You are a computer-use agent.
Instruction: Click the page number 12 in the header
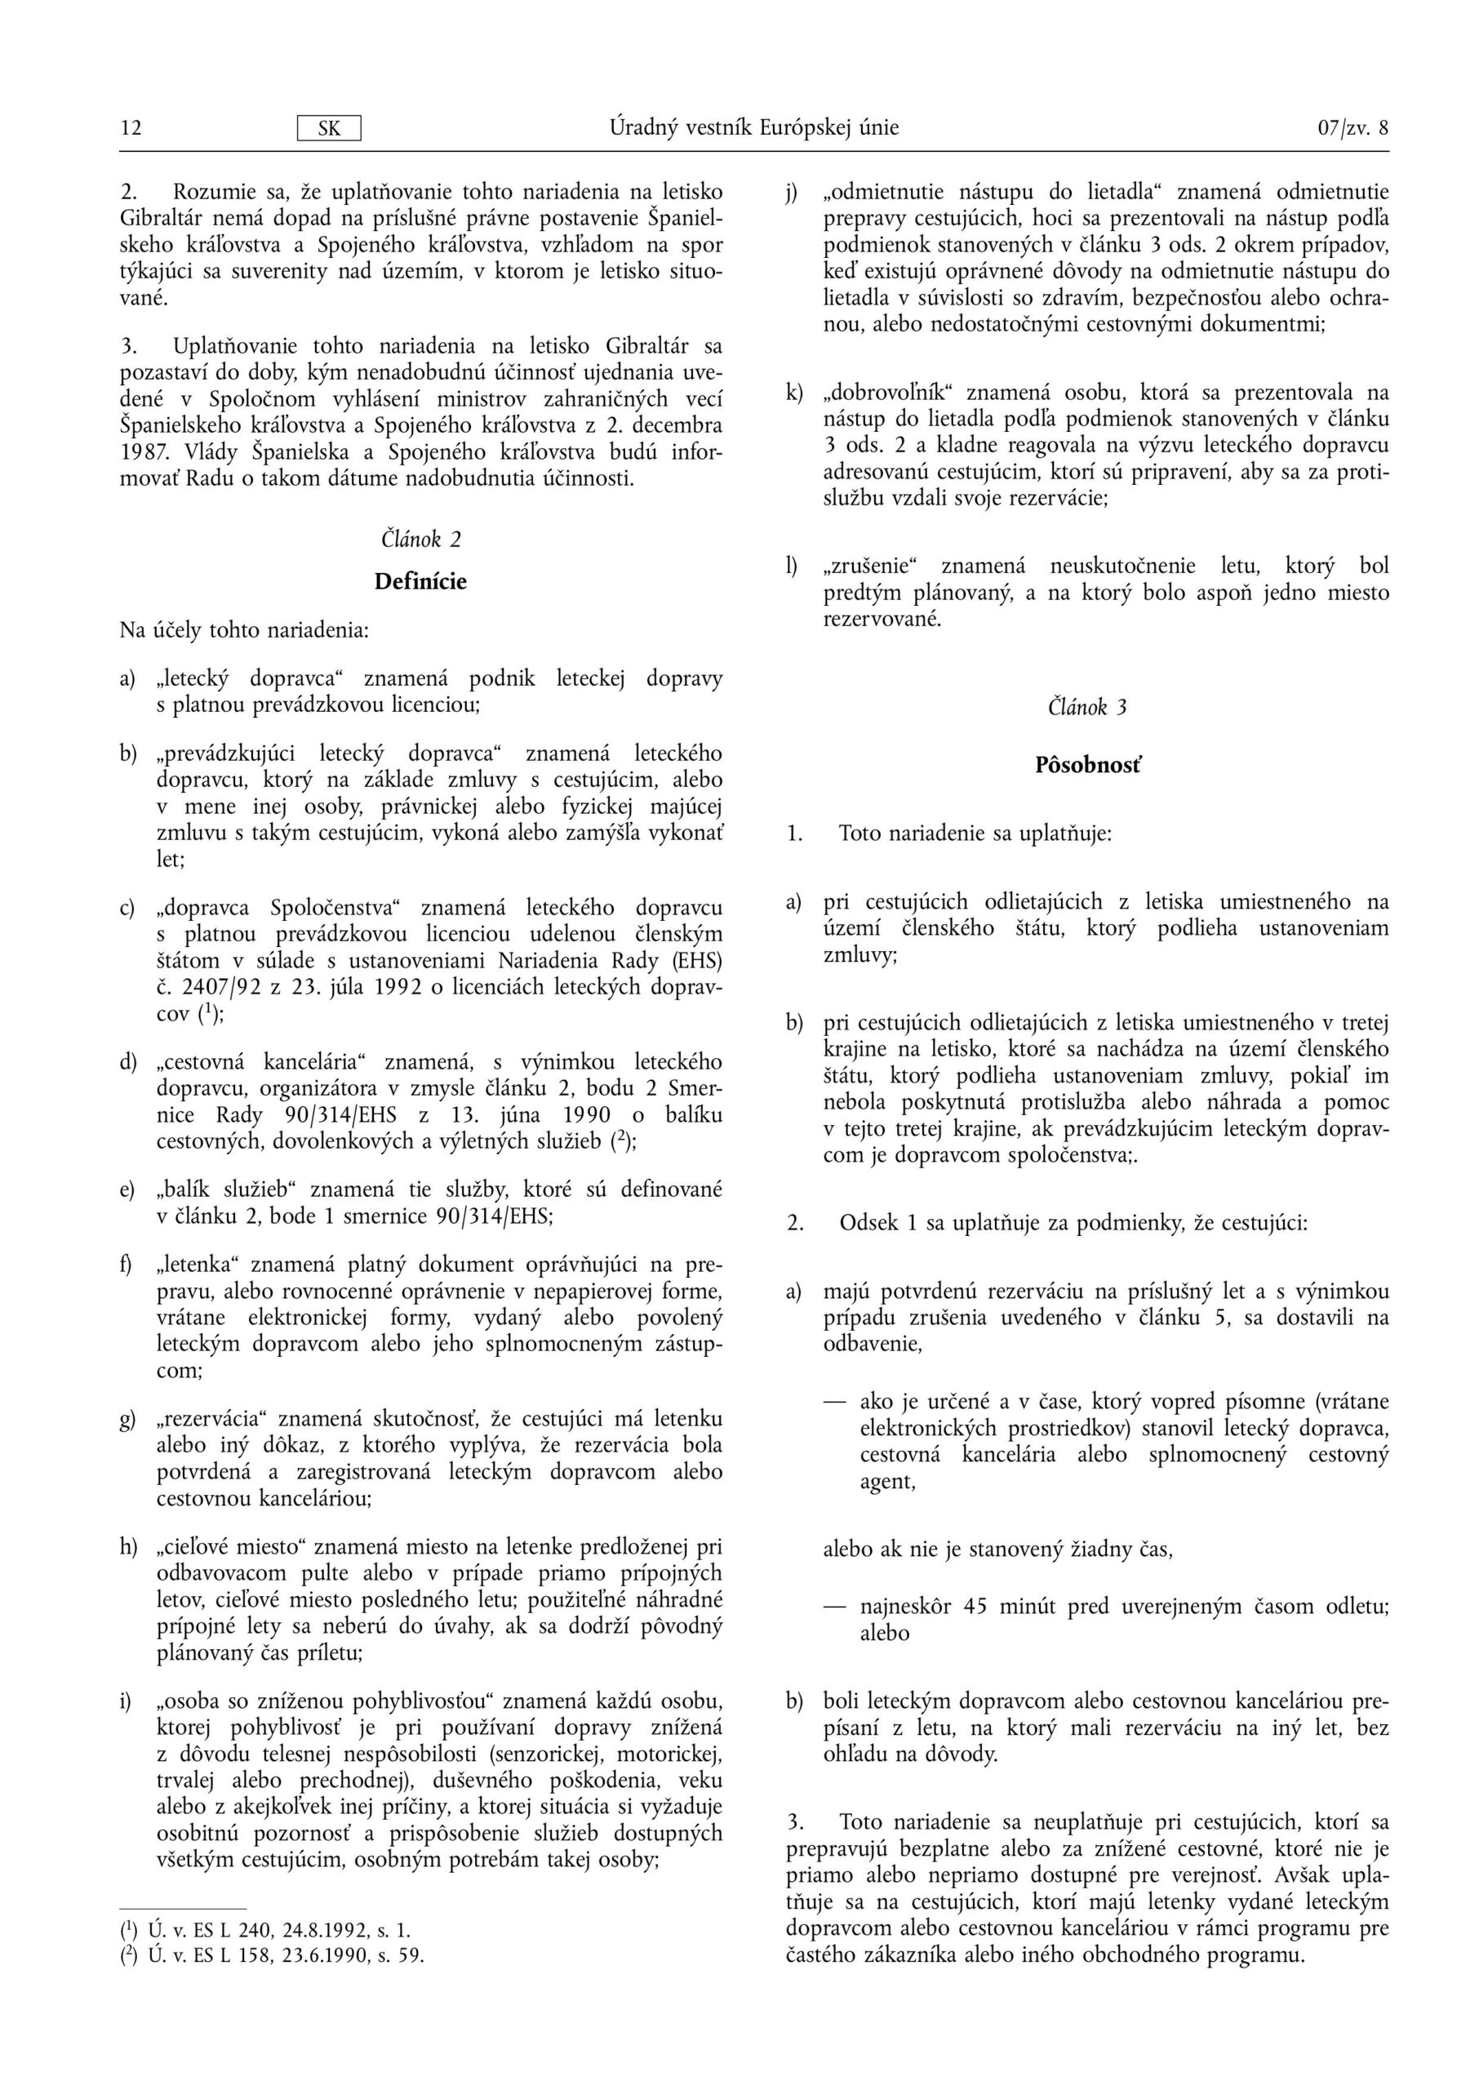coord(131,128)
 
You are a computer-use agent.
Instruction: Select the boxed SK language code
coord(329,128)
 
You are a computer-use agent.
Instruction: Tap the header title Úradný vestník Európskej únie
coord(754,127)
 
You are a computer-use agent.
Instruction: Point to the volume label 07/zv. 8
coord(1352,128)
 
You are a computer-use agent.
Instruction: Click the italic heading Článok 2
coord(420,539)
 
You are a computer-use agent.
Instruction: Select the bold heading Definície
coord(420,581)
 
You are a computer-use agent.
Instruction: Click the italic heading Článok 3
coord(1087,707)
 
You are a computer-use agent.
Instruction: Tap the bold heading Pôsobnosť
coord(1087,765)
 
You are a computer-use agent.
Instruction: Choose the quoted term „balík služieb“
coord(228,1190)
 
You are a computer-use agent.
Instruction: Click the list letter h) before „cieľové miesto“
coord(128,1547)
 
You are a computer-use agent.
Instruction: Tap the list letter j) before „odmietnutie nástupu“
coord(793,193)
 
